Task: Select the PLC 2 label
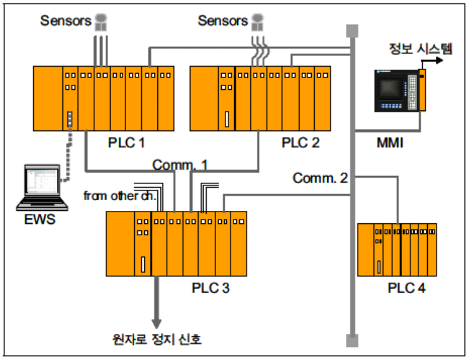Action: pos(300,142)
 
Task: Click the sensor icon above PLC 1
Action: pos(100,22)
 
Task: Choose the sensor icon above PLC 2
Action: pos(257,22)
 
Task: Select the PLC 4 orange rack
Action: pos(397,250)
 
